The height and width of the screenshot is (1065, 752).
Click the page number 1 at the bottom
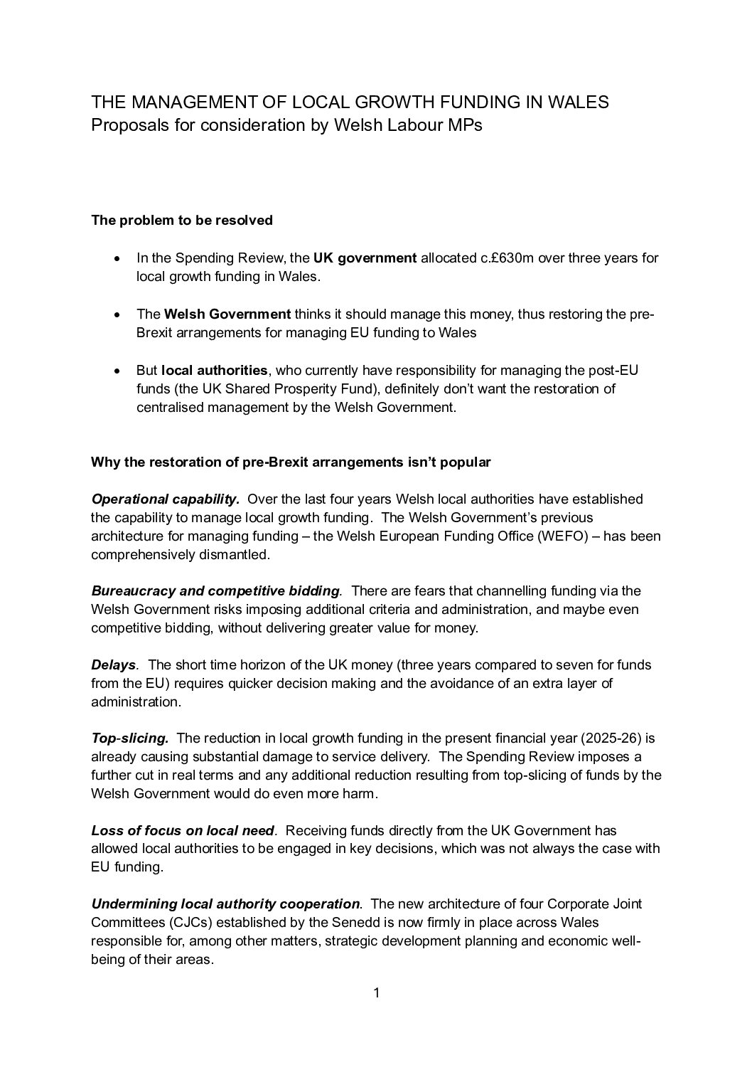(376, 993)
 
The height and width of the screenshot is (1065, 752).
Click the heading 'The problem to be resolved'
(182, 221)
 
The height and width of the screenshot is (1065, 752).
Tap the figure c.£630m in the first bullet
(507, 258)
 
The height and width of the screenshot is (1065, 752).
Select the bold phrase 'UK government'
(365, 258)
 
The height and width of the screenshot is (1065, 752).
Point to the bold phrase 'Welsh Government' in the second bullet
(227, 314)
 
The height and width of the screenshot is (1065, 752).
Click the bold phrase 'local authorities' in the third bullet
(215, 370)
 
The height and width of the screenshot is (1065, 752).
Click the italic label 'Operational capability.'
(166, 499)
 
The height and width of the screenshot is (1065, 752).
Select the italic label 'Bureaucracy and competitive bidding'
(215, 590)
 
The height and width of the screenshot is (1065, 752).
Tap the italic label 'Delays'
(113, 665)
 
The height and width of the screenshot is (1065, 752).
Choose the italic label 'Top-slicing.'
(129, 738)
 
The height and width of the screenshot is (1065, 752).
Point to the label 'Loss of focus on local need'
(183, 830)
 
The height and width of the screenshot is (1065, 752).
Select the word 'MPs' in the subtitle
(463, 125)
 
